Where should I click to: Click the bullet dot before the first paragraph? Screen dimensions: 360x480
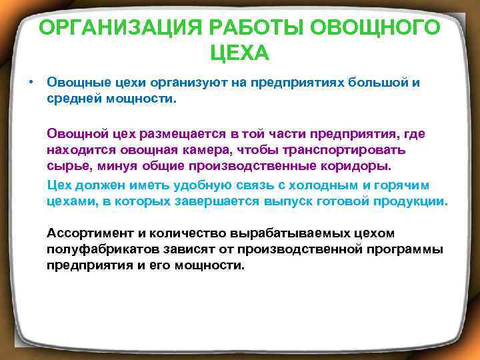[x=31, y=82]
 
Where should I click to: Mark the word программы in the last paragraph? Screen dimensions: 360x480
[x=404, y=249]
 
